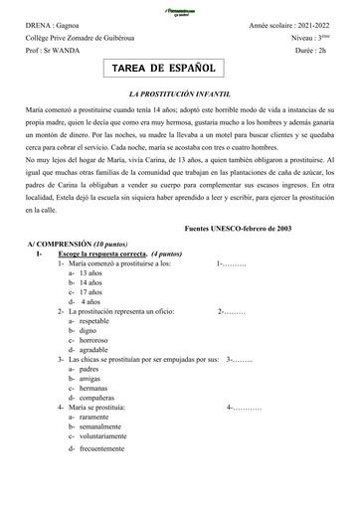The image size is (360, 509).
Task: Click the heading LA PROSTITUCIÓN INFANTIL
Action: pos(179,89)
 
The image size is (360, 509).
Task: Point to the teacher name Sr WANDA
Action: pos(60,45)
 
